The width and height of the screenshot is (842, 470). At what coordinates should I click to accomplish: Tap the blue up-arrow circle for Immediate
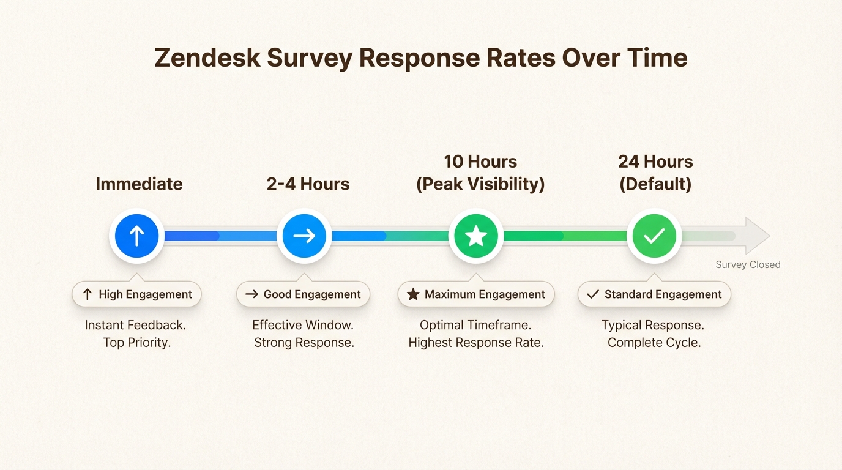(x=136, y=236)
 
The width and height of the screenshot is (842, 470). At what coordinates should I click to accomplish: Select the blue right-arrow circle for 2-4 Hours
(x=304, y=236)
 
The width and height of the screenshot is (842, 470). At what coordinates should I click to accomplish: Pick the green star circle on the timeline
(x=476, y=236)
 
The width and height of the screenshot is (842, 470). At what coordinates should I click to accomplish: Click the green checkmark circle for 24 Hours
(x=654, y=236)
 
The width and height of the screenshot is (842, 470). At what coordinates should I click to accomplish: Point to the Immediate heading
(x=139, y=184)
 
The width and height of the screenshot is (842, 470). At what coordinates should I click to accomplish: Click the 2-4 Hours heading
(x=308, y=184)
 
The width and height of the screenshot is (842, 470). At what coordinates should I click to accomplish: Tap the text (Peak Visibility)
(x=480, y=184)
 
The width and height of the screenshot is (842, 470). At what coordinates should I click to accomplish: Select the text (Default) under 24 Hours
(x=655, y=184)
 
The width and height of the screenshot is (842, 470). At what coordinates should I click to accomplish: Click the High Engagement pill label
(x=136, y=294)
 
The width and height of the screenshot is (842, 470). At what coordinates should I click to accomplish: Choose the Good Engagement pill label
(x=303, y=294)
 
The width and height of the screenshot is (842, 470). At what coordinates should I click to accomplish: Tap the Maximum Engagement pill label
(x=476, y=294)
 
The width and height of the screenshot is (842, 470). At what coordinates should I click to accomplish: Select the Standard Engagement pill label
(x=654, y=294)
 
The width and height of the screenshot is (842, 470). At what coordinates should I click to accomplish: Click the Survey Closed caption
(x=748, y=264)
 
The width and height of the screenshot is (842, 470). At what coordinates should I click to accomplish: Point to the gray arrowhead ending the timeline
(x=757, y=236)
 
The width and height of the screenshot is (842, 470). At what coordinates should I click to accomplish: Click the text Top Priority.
(x=136, y=343)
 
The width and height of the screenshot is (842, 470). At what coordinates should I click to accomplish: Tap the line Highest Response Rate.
(x=476, y=343)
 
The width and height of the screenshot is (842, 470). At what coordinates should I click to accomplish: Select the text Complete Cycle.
(x=654, y=343)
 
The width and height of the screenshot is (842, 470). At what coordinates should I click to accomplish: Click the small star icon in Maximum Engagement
(x=413, y=294)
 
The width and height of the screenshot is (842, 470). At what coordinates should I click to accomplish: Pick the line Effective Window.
(x=303, y=325)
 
